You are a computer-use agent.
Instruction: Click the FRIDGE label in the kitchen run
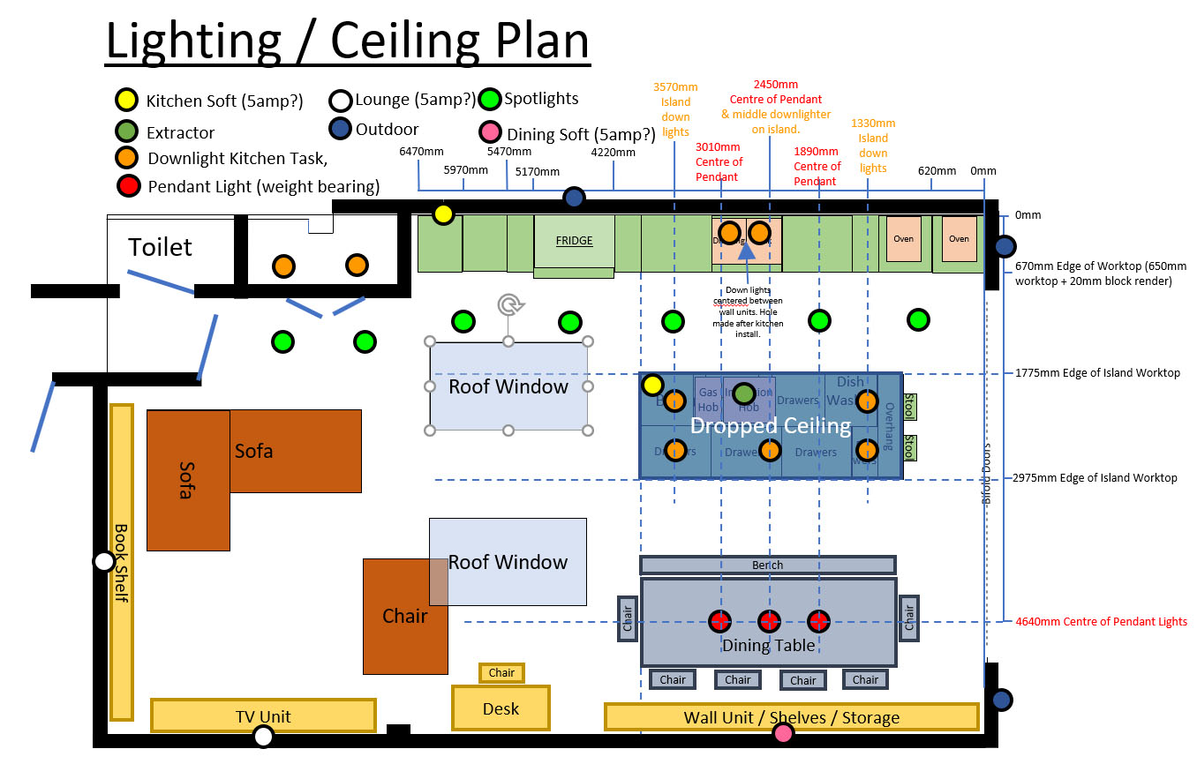pos(574,241)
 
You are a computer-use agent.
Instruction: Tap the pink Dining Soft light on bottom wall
pos(783,733)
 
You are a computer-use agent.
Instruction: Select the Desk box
pos(501,708)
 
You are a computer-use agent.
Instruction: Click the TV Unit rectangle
pos(263,715)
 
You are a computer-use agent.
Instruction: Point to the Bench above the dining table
pos(767,566)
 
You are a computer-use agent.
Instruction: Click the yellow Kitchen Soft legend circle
pos(127,101)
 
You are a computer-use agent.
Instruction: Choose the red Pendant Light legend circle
pos(129,186)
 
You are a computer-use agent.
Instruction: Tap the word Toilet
pos(160,247)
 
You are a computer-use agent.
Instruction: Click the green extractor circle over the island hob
pos(744,393)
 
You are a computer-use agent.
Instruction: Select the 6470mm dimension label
pos(421,152)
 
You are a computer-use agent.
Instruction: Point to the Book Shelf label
pos(121,563)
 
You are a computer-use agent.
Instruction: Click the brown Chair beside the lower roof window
pos(404,616)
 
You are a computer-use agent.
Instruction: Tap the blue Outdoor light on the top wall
pos(574,198)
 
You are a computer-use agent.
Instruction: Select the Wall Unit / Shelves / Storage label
pos(791,717)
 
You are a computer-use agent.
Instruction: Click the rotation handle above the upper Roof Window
pos(508,305)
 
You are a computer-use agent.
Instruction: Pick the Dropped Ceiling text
pos(770,427)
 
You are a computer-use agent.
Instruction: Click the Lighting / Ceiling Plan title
pos(347,41)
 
